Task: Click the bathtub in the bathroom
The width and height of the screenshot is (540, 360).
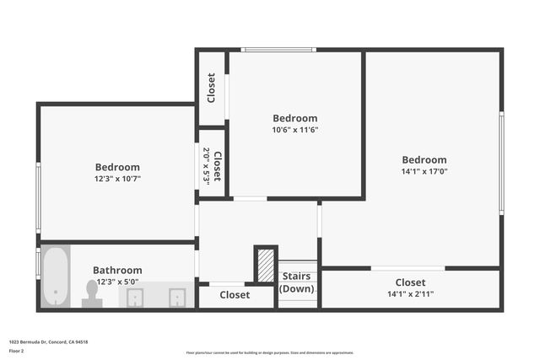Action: [56, 277]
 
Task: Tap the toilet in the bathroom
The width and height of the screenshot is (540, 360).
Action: [92, 293]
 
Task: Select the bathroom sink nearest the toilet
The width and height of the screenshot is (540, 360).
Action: [135, 297]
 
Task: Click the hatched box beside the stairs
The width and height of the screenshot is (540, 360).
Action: [266, 266]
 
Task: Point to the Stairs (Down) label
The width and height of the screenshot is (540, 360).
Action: [296, 282]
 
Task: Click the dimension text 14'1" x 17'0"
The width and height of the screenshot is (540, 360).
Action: [424, 172]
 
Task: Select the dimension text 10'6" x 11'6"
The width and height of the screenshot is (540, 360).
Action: [294, 130]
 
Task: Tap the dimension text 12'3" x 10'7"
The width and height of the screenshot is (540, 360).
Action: [117, 179]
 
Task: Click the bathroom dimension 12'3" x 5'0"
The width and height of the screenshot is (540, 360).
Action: [117, 282]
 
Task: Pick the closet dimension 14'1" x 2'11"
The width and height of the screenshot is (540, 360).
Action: [410, 294]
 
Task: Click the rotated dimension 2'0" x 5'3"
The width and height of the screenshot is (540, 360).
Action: [207, 166]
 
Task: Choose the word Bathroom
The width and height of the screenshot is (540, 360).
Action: [117, 271]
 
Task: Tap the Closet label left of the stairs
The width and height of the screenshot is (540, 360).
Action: [235, 295]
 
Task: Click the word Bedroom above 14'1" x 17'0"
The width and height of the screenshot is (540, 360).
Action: [424, 160]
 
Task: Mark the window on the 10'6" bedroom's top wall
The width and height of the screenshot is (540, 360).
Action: [278, 50]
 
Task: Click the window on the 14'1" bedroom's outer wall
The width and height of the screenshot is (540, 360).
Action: [501, 162]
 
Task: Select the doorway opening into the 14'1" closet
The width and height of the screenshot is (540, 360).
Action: [408, 268]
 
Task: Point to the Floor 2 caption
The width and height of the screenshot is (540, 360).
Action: [16, 350]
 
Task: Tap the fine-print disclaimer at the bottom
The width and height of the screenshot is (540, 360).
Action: [269, 352]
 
